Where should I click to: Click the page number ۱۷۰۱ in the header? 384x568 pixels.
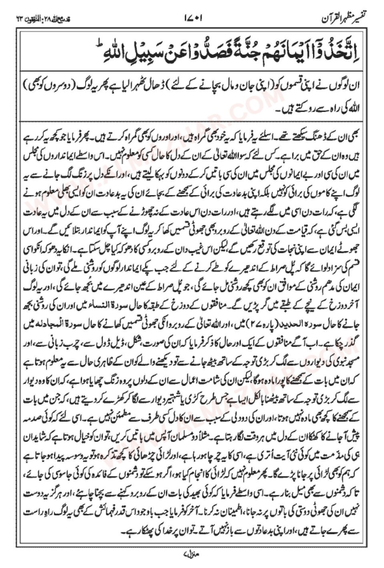[x=194, y=18]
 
